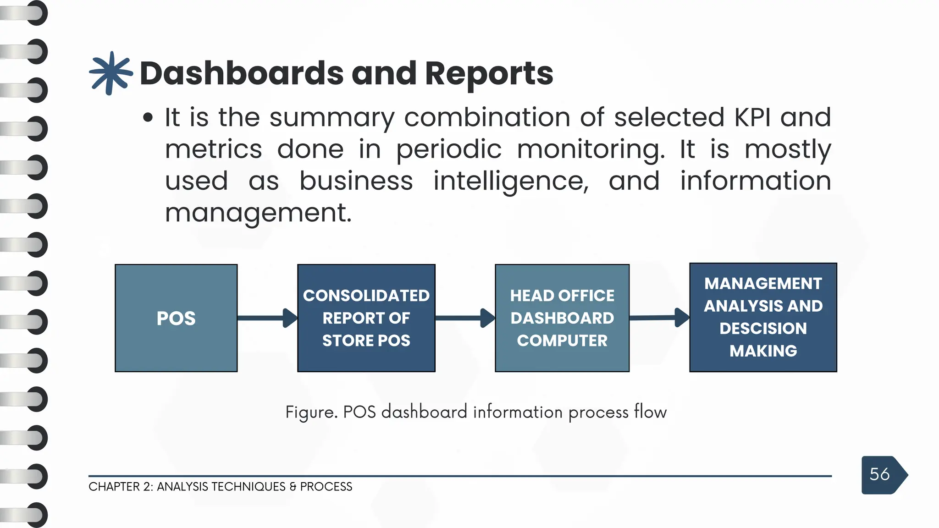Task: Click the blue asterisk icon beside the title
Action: pyautogui.click(x=110, y=73)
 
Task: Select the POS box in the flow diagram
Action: pyautogui.click(x=176, y=318)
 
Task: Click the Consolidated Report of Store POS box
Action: pyautogui.click(x=366, y=318)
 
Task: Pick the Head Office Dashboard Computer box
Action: pyautogui.click(x=562, y=318)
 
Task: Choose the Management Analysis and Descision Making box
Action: pyautogui.click(x=763, y=317)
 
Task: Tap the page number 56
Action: pyautogui.click(x=879, y=474)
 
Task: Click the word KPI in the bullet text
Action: pyautogui.click(x=752, y=117)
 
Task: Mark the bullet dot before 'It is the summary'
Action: pyautogui.click(x=148, y=118)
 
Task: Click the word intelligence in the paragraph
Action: pyautogui.click(x=511, y=181)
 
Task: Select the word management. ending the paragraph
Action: pyautogui.click(x=258, y=213)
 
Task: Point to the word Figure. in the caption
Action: pyautogui.click(x=311, y=412)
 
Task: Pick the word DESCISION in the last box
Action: pyautogui.click(x=763, y=329)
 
